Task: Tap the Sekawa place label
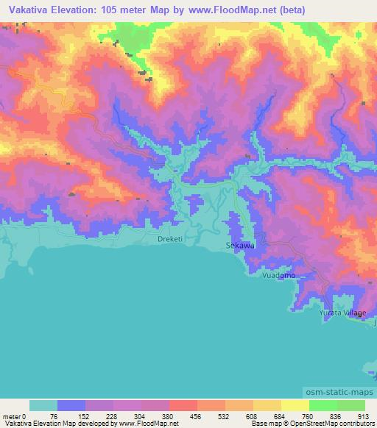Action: coord(239,247)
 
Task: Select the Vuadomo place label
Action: coord(279,275)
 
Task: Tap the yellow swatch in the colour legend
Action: coord(295,405)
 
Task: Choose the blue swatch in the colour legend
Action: coord(71,405)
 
